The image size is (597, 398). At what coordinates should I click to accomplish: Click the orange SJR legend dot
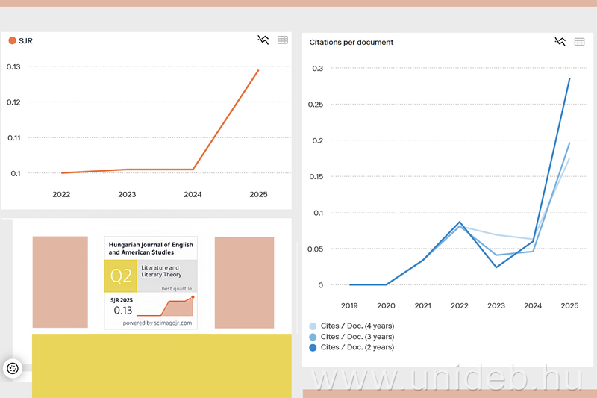click(12, 40)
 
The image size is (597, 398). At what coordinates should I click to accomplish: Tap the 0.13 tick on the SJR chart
click(13, 66)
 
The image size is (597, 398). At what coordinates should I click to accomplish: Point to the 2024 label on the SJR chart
click(193, 195)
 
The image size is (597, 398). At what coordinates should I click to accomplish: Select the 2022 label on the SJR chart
click(61, 195)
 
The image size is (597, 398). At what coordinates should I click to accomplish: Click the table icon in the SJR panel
click(283, 40)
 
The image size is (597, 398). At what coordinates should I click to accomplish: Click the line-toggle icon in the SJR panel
click(263, 40)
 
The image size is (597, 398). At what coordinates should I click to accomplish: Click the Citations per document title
click(351, 43)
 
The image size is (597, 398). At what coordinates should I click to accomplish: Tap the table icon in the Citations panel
click(580, 42)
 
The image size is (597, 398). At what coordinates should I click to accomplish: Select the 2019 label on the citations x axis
click(349, 305)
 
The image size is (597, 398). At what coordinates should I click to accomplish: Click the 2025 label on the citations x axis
click(569, 305)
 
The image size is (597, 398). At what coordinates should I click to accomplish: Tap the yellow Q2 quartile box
click(121, 276)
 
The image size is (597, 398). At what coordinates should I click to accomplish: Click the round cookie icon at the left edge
click(13, 368)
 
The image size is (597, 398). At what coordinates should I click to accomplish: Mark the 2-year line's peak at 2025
click(569, 78)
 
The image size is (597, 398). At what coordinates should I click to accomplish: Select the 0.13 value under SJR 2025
click(122, 311)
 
